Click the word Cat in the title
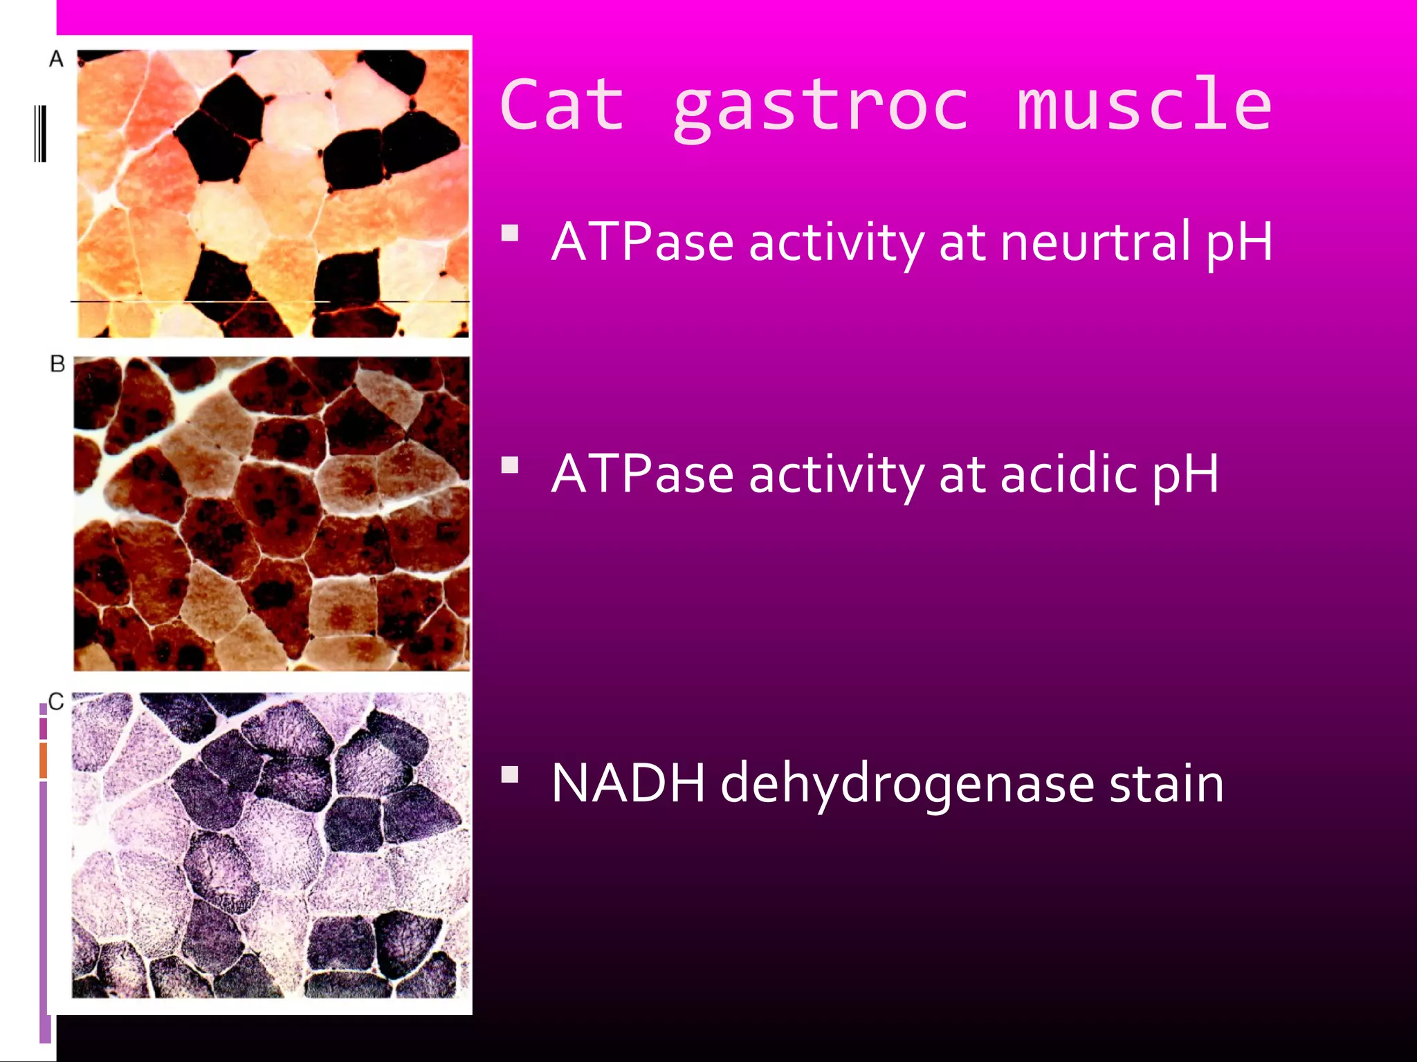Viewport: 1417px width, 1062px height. [x=562, y=105]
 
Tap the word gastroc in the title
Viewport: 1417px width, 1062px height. [x=821, y=107]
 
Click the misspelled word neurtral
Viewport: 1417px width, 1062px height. [x=1095, y=242]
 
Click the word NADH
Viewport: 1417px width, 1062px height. [x=628, y=783]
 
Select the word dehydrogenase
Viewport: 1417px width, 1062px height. [x=907, y=785]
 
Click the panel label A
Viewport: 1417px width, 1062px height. [x=56, y=59]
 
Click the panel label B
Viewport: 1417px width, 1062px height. [x=57, y=364]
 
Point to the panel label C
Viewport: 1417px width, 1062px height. [x=56, y=702]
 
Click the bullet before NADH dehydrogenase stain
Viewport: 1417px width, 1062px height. [x=510, y=774]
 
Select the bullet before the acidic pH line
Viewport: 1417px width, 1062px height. [x=510, y=465]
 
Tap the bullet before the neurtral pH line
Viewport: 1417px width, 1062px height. [x=510, y=232]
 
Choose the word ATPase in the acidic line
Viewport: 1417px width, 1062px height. [x=642, y=474]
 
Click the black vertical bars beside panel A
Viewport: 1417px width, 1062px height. [x=40, y=133]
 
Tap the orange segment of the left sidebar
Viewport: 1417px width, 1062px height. [x=43, y=760]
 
